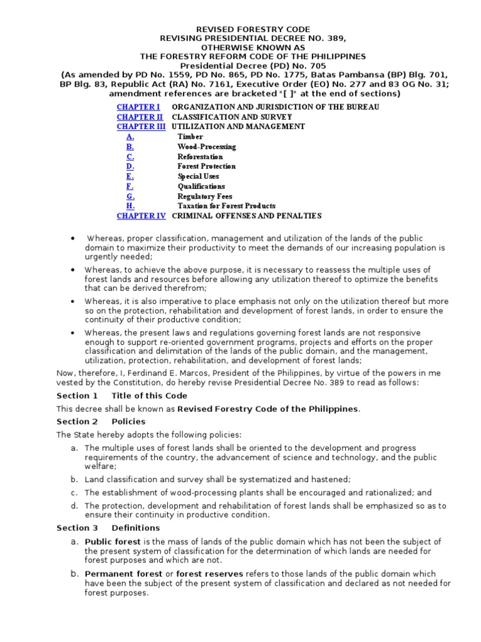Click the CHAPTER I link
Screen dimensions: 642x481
138,107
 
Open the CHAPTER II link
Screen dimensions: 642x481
140,117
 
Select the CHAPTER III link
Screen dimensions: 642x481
141,127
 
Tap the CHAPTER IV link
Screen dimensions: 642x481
141,216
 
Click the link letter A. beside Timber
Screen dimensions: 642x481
130,137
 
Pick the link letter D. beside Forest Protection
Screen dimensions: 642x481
130,166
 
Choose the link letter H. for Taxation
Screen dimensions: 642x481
130,206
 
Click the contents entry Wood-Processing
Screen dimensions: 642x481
207,147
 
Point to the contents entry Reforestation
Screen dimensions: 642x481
200,156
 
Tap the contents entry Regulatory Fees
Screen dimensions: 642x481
205,196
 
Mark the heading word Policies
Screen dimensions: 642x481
128,422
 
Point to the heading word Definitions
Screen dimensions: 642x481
136,528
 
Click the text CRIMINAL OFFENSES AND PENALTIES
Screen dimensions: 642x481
246,216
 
